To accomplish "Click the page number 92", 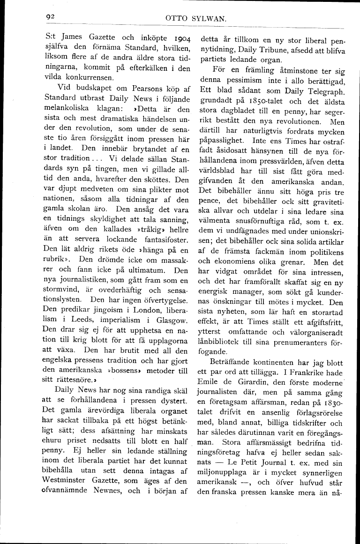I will [x=51, y=17].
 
